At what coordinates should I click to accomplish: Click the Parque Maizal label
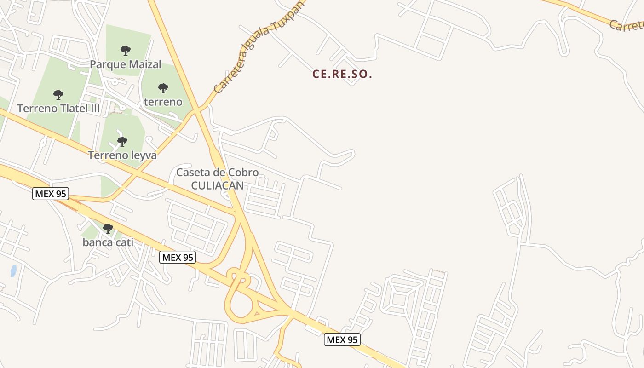point(126,64)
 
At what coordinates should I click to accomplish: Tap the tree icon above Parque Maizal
point(126,50)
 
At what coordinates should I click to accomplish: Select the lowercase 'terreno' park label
point(163,102)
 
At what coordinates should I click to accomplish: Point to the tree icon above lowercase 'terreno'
point(163,88)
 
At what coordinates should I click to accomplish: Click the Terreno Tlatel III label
point(58,109)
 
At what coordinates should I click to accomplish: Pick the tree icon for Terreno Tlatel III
point(58,95)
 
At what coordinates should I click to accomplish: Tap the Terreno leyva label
point(122,155)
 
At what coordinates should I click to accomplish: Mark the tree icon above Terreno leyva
point(122,141)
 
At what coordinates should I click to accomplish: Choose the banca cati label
point(108,242)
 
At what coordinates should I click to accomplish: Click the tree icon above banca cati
point(108,228)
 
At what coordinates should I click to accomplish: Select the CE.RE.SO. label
point(342,74)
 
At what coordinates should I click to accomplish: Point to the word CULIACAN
point(217,185)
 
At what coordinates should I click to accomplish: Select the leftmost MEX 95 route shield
point(51,194)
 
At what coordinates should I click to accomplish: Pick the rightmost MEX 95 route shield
point(342,340)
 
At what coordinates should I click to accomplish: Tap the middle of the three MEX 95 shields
point(178,257)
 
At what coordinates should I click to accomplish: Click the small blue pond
point(13,270)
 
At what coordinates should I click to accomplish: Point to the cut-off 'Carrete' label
point(627,26)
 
